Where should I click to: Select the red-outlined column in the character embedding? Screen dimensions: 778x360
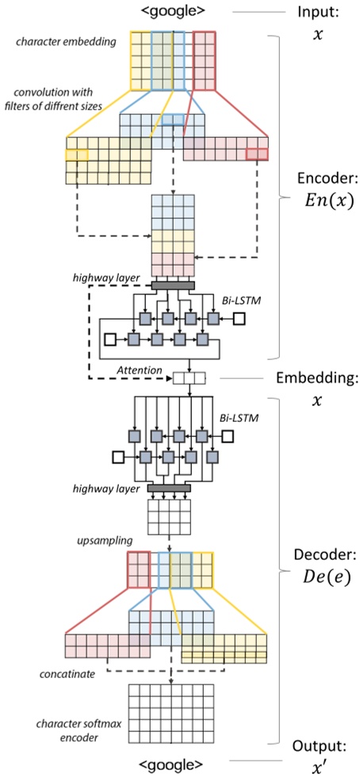204,61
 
